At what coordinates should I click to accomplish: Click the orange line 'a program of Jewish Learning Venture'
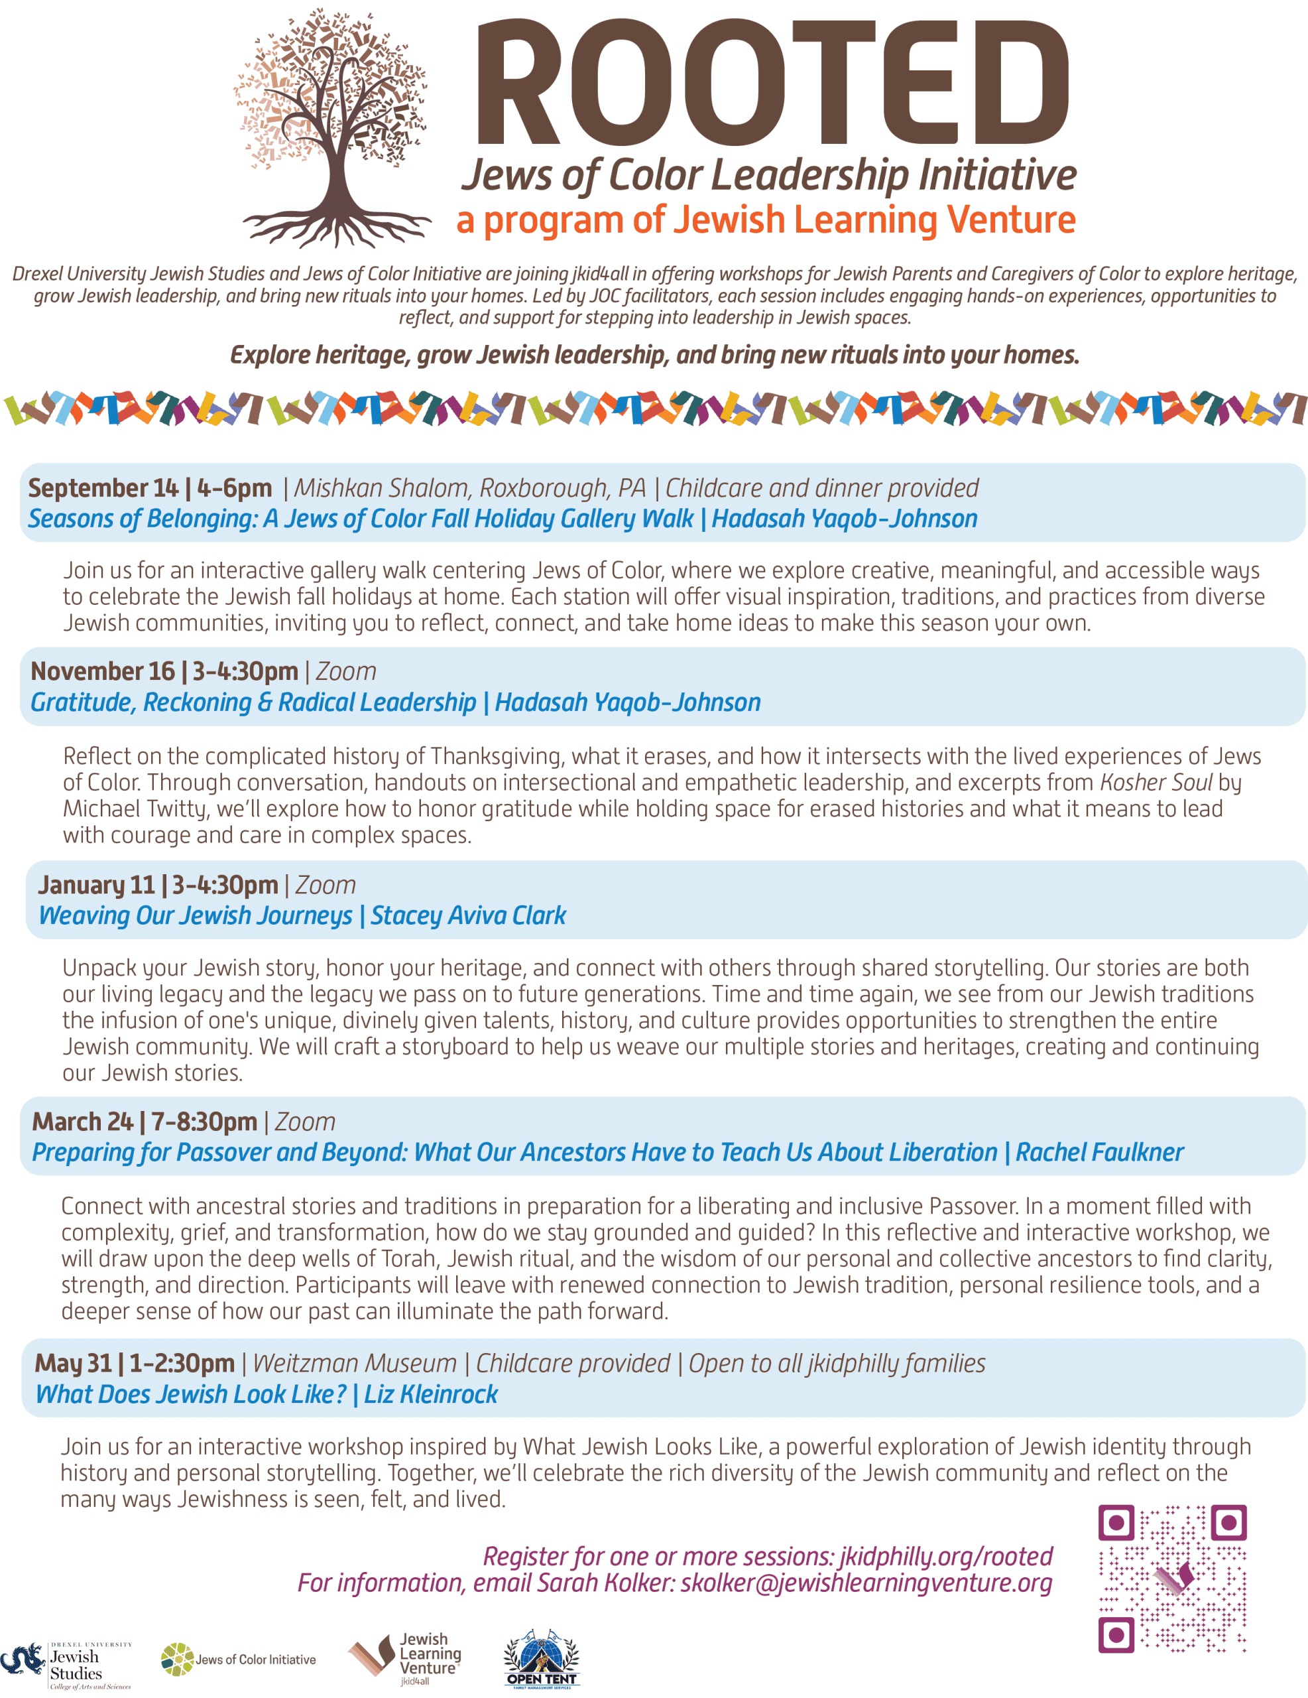pos(766,220)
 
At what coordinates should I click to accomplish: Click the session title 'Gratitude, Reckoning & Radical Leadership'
pos(253,703)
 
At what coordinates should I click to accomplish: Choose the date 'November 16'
pos(103,672)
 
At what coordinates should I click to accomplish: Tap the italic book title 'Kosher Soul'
pos(1155,782)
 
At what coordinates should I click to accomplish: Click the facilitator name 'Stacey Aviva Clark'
pos(468,916)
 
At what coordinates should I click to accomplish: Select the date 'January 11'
pos(96,885)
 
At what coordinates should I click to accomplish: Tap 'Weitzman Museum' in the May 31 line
pos(355,1364)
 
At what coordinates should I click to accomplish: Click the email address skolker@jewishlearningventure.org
pos(866,1583)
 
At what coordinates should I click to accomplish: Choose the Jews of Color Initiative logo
pos(239,1660)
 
